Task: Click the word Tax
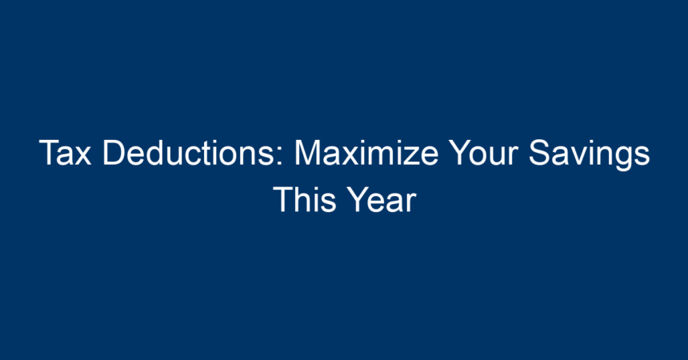(65, 152)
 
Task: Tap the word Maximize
(366, 152)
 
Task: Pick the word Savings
(589, 154)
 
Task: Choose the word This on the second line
(304, 199)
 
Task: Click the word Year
(382, 199)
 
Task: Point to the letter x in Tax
(82, 156)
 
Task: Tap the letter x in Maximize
(350, 156)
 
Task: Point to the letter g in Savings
(620, 159)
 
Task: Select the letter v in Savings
(577, 156)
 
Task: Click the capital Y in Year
(358, 199)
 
